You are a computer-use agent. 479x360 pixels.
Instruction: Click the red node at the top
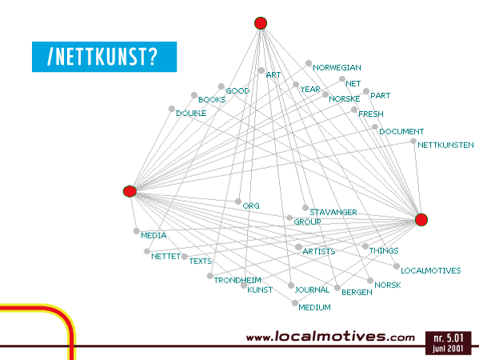(261, 23)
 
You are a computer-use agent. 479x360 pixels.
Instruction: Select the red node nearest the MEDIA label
(130, 191)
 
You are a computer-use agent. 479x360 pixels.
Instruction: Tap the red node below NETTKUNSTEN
(421, 220)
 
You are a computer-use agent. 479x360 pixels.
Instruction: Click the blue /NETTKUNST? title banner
(105, 57)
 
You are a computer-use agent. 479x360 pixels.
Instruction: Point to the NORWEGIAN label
(337, 67)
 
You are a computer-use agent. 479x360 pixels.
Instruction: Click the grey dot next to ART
(261, 70)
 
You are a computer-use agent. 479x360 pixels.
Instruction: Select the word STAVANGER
(333, 212)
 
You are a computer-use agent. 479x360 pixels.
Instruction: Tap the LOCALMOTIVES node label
(431, 270)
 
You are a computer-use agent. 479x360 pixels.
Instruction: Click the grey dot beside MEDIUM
(295, 303)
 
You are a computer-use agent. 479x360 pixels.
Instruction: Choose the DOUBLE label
(191, 114)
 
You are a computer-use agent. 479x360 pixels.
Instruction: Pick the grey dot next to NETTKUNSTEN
(413, 141)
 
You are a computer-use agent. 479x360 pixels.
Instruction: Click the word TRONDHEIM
(238, 280)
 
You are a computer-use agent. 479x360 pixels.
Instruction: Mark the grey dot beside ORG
(238, 202)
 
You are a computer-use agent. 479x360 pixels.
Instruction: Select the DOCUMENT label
(401, 132)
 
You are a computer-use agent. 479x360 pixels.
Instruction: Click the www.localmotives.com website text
(330, 337)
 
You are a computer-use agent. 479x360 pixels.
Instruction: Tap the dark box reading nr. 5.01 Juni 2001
(448, 343)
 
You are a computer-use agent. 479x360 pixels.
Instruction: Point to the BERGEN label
(357, 292)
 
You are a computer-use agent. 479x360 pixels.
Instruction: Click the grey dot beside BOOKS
(194, 95)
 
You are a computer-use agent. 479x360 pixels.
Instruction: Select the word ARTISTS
(319, 251)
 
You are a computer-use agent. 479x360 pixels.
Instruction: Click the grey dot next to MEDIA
(137, 231)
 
